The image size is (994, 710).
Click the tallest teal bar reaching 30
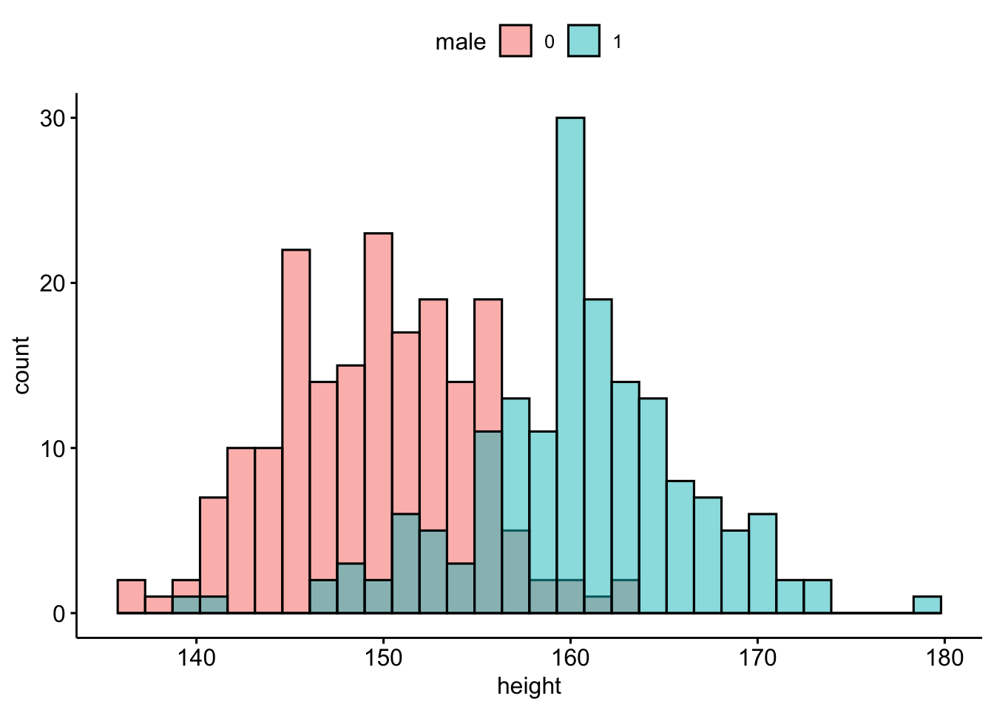[570, 296]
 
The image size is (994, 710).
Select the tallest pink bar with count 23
[378, 370]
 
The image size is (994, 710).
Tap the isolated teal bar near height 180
[927, 605]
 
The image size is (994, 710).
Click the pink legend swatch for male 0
[515, 41]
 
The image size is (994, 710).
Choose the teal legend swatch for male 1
[584, 41]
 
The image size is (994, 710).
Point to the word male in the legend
[460, 42]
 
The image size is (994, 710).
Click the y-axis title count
[21, 365]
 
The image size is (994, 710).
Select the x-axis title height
[529, 686]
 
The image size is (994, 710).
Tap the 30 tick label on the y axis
[53, 118]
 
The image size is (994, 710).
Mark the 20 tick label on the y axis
[53, 283]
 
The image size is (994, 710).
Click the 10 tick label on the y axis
[53, 448]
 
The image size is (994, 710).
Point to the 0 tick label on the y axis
[59, 614]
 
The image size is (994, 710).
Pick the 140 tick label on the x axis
[197, 657]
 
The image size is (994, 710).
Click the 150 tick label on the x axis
[383, 657]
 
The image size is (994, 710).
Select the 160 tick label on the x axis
[570, 657]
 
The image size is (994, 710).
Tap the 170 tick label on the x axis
[757, 657]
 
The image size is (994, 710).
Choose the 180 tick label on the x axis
[944, 657]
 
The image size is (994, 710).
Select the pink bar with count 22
[296, 370]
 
